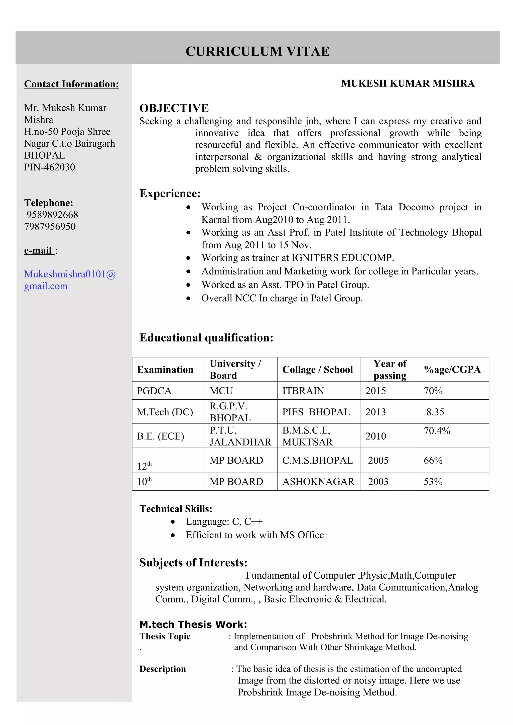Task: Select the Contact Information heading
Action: click(x=71, y=84)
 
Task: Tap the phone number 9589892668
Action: click(x=52, y=215)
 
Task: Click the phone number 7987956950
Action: click(x=50, y=226)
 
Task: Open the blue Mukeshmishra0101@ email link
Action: click(x=70, y=274)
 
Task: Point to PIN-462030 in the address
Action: click(x=50, y=167)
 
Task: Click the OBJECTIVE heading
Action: click(x=174, y=108)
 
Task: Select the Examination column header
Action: click(x=165, y=370)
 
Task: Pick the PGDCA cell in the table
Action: click(x=154, y=391)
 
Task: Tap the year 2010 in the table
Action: click(x=375, y=436)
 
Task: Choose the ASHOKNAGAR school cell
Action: click(x=318, y=482)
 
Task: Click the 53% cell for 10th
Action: click(x=433, y=482)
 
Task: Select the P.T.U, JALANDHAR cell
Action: click(x=240, y=436)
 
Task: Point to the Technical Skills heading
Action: click(x=176, y=509)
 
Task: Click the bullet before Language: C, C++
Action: click(x=173, y=522)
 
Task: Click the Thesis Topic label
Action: click(x=165, y=636)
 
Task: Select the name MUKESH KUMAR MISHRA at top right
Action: click(x=408, y=83)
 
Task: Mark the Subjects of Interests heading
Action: click(x=193, y=563)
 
